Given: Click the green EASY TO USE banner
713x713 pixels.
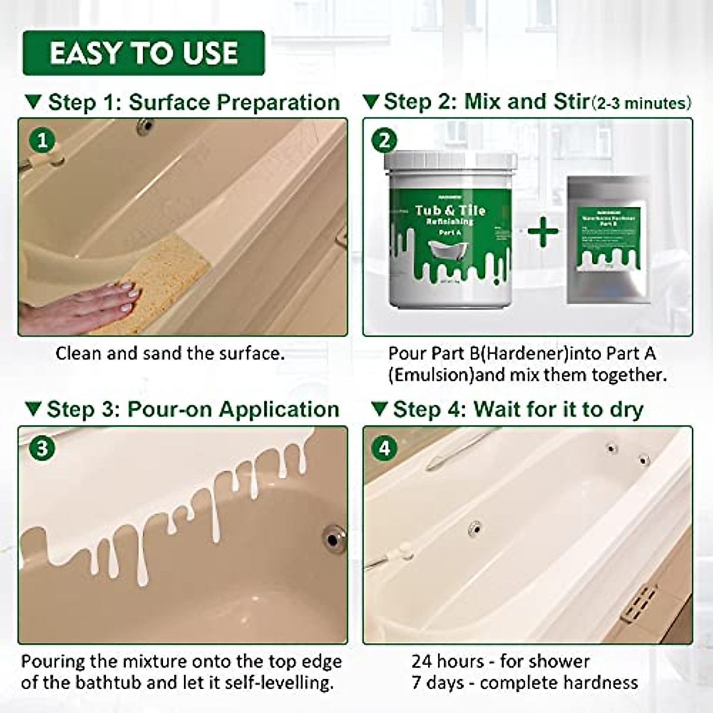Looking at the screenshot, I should pyautogui.click(x=143, y=53).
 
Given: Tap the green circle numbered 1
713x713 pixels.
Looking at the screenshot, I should pyautogui.click(x=42, y=141).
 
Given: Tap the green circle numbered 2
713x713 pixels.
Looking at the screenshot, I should pyautogui.click(x=384, y=141).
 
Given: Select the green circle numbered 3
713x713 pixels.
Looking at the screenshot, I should pyautogui.click(x=42, y=448).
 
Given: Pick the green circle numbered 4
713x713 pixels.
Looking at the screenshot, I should pyautogui.click(x=384, y=448).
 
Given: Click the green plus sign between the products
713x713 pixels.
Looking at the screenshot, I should pyautogui.click(x=543, y=231).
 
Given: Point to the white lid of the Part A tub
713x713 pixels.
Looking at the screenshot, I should pyautogui.click(x=450, y=161).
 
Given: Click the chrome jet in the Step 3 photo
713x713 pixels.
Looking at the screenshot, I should pyautogui.click(x=333, y=538).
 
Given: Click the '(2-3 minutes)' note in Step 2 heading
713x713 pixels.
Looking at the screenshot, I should pyautogui.click(x=642, y=103).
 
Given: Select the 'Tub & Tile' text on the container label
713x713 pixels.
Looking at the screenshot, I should pyautogui.click(x=450, y=210).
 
